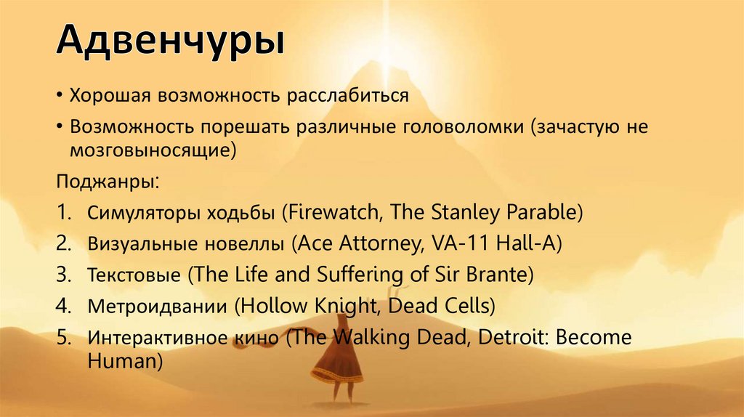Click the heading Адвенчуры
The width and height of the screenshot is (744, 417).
tap(171, 41)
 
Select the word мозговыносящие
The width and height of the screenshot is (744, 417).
tap(153, 150)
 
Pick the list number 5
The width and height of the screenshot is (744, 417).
tap(62, 339)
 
